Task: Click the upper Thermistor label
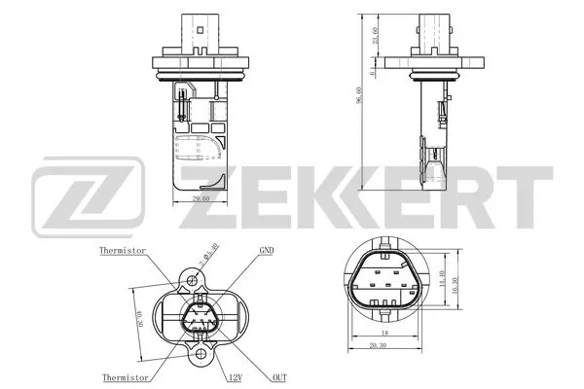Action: tap(123, 250)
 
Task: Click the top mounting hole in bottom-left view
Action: tap(192, 279)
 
